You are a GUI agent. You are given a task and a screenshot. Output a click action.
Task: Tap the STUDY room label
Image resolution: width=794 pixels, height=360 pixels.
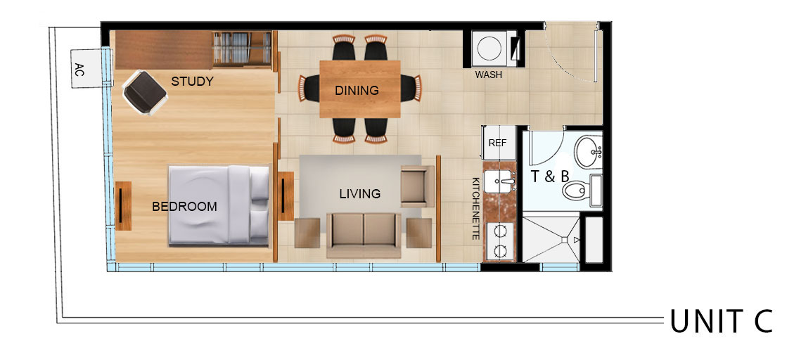click(193, 82)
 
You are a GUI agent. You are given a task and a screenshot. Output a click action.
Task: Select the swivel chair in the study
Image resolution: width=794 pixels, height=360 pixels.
click(145, 93)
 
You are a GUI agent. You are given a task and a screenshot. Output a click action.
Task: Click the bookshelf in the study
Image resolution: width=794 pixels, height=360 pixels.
click(241, 49)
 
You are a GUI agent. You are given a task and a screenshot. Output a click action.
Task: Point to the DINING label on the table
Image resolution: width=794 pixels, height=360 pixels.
click(357, 91)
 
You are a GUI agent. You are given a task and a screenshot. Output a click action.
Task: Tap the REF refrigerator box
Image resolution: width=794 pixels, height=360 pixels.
click(499, 143)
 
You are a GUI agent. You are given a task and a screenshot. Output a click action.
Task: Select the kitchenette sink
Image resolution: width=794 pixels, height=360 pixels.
click(499, 181)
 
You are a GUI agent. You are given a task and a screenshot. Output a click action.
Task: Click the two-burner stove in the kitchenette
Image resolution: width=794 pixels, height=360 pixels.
click(499, 241)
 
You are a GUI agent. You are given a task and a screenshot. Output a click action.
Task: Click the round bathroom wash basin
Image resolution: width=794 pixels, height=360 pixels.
click(587, 152)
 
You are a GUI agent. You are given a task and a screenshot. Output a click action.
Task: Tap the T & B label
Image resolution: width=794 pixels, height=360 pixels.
click(550, 176)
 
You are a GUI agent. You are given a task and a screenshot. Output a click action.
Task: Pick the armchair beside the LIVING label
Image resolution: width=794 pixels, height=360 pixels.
click(417, 186)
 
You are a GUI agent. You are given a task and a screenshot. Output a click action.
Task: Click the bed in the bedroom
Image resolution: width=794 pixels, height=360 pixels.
click(219, 205)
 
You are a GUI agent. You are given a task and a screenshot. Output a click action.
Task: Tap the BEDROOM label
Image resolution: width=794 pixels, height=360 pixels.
click(184, 207)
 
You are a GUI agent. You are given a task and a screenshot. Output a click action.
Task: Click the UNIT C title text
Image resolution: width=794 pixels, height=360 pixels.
click(721, 321)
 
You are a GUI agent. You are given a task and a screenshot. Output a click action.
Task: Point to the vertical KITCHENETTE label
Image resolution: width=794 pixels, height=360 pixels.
click(475, 209)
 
